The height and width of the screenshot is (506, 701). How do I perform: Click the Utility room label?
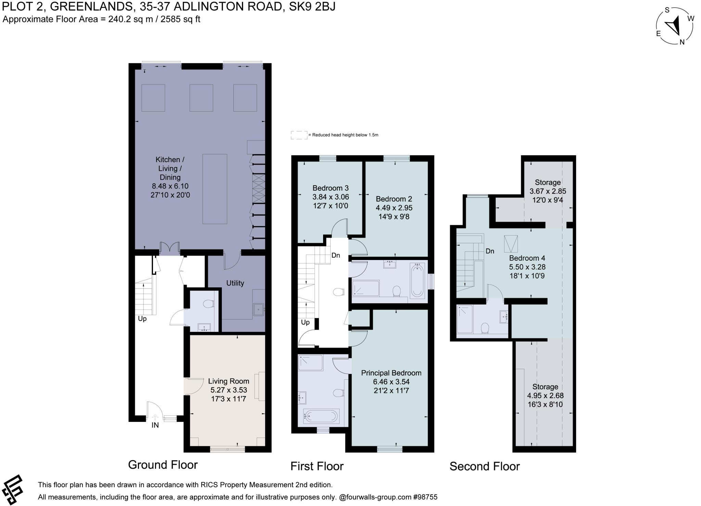[235, 283]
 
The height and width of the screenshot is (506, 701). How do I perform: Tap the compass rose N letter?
[682, 42]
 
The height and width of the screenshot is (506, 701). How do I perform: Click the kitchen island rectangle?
[215, 189]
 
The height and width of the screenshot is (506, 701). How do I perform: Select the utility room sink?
[258, 310]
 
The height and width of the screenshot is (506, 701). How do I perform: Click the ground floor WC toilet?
[208, 304]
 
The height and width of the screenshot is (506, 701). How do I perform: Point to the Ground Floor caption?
[163, 465]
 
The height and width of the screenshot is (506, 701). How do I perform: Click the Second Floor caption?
[485, 466]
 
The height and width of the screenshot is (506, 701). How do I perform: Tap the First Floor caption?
[317, 466]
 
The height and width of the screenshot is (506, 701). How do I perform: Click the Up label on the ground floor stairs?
[142, 319]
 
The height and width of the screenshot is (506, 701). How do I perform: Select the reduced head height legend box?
[299, 135]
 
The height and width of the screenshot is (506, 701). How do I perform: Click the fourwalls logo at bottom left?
[12, 490]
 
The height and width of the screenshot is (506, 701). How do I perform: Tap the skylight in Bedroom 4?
[511, 244]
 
